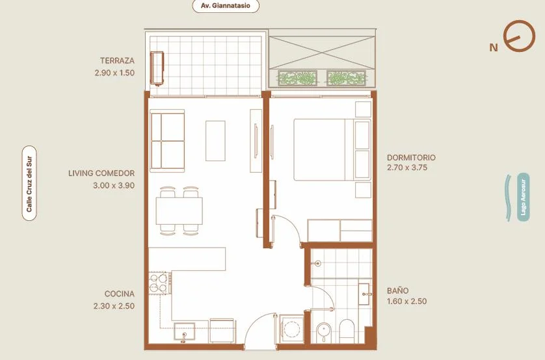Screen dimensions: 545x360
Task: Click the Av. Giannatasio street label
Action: click(226, 6)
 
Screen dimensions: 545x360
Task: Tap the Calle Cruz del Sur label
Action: click(29, 184)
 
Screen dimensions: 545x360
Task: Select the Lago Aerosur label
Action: click(523, 197)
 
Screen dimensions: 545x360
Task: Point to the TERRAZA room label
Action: click(117, 60)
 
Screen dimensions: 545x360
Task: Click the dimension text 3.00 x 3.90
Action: click(114, 185)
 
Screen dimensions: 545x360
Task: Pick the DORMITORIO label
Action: click(411, 157)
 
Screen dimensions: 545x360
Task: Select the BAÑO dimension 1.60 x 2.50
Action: click(406, 302)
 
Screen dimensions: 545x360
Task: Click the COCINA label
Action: click(119, 294)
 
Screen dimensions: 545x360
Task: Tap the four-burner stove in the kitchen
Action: click(159, 283)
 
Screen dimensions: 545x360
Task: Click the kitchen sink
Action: click(184, 332)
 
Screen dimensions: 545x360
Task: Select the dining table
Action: click(179, 211)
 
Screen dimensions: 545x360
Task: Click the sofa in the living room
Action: click(167, 141)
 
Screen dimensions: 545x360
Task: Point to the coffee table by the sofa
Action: click(215, 140)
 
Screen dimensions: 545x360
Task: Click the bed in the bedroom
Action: click(332, 149)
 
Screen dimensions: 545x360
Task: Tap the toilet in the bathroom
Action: click(347, 331)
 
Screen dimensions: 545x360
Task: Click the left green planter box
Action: click(297, 78)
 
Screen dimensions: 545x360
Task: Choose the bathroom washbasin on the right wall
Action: click(364, 294)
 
